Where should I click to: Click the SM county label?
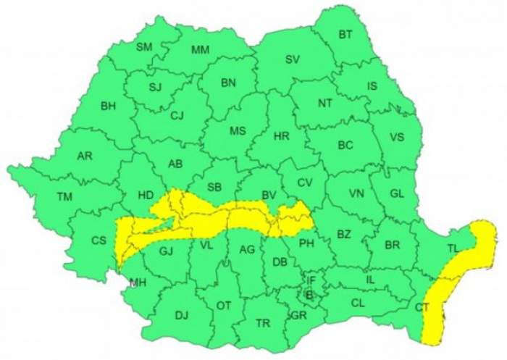click(x=144, y=47)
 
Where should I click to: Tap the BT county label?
click(x=345, y=34)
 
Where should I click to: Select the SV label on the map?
click(x=292, y=59)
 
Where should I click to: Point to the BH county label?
click(x=108, y=106)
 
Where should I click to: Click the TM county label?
click(x=65, y=196)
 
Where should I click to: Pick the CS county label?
click(x=99, y=241)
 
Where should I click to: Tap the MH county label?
click(x=137, y=282)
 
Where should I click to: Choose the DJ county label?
click(x=181, y=315)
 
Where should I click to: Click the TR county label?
click(x=262, y=323)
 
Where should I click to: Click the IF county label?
click(x=311, y=280)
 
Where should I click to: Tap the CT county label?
click(x=422, y=308)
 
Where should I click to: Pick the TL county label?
click(x=453, y=248)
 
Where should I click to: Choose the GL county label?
click(x=396, y=193)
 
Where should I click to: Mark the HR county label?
click(x=282, y=135)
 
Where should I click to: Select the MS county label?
click(x=238, y=131)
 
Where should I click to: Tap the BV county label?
click(x=269, y=196)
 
